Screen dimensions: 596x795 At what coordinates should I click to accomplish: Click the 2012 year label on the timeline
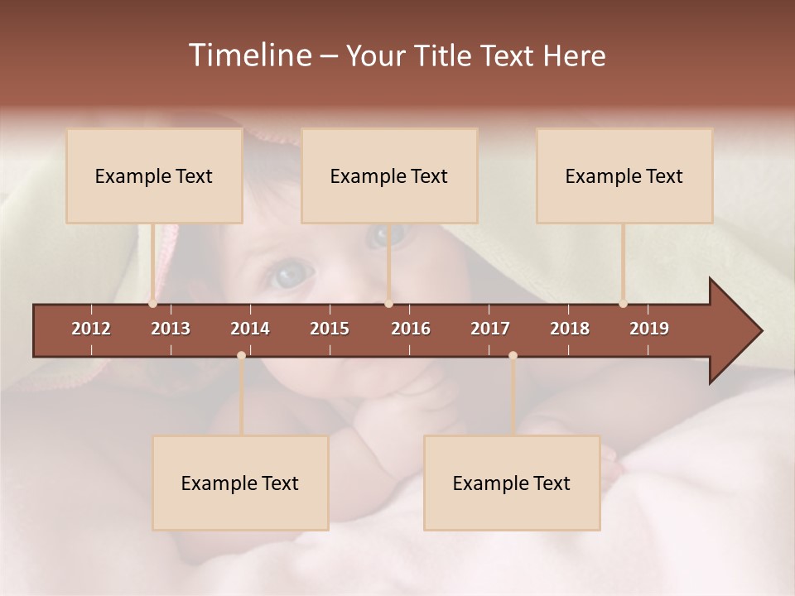91,329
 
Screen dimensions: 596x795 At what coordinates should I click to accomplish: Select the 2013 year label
171,329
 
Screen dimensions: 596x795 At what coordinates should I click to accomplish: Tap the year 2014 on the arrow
250,329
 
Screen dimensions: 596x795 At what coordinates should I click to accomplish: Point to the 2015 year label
330,329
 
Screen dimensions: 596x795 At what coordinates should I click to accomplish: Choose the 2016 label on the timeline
411,329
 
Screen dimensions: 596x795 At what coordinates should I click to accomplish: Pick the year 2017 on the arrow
490,329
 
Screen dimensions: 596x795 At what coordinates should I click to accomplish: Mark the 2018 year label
570,329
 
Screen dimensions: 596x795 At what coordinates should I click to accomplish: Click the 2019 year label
649,329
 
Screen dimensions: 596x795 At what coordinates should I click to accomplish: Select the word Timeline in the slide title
249,55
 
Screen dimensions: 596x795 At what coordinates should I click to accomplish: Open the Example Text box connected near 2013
154,176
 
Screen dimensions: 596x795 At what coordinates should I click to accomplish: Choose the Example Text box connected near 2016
389,176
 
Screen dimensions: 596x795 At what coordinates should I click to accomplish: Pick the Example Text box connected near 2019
624,176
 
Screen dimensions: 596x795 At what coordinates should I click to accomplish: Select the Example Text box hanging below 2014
240,483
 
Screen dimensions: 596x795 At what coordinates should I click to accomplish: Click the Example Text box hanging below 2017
512,483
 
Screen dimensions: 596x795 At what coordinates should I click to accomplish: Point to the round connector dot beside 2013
152,304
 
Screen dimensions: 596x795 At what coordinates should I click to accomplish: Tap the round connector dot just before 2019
623,304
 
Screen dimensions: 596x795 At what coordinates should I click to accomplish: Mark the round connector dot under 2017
513,355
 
